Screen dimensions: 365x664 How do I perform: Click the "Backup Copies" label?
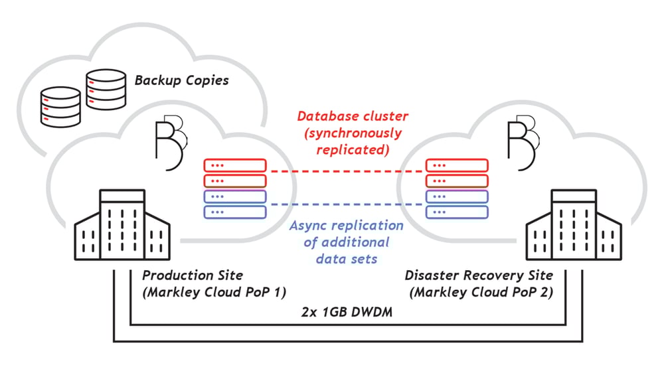click(181, 81)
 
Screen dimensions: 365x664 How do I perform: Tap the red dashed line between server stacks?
click(345, 172)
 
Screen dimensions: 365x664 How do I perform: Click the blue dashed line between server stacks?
click(345, 204)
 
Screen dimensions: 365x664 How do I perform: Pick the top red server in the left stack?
click(235, 165)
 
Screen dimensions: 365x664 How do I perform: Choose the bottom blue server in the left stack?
click(235, 212)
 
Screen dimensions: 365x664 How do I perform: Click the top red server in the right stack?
click(457, 165)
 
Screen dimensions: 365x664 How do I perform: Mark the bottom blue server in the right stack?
click(457, 212)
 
